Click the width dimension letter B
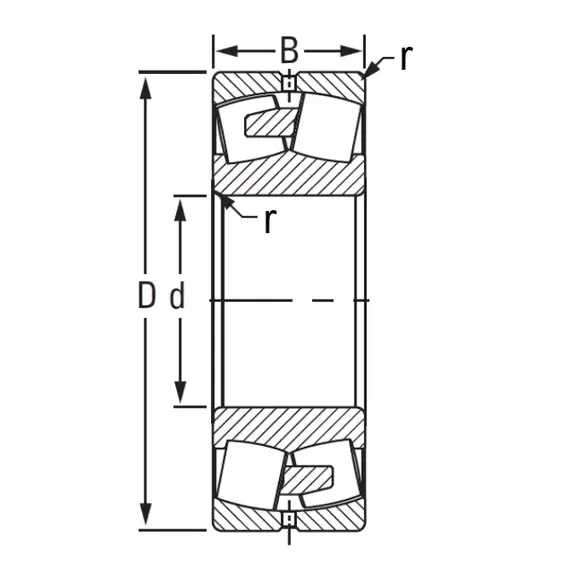(x=289, y=50)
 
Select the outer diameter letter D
(x=147, y=295)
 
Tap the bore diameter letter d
(x=177, y=297)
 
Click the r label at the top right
(x=406, y=58)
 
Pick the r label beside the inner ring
(x=269, y=221)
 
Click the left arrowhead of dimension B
(x=227, y=51)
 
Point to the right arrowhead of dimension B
(x=351, y=51)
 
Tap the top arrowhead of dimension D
(x=146, y=88)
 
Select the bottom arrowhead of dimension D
(x=146, y=514)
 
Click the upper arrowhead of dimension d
(x=180, y=210)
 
